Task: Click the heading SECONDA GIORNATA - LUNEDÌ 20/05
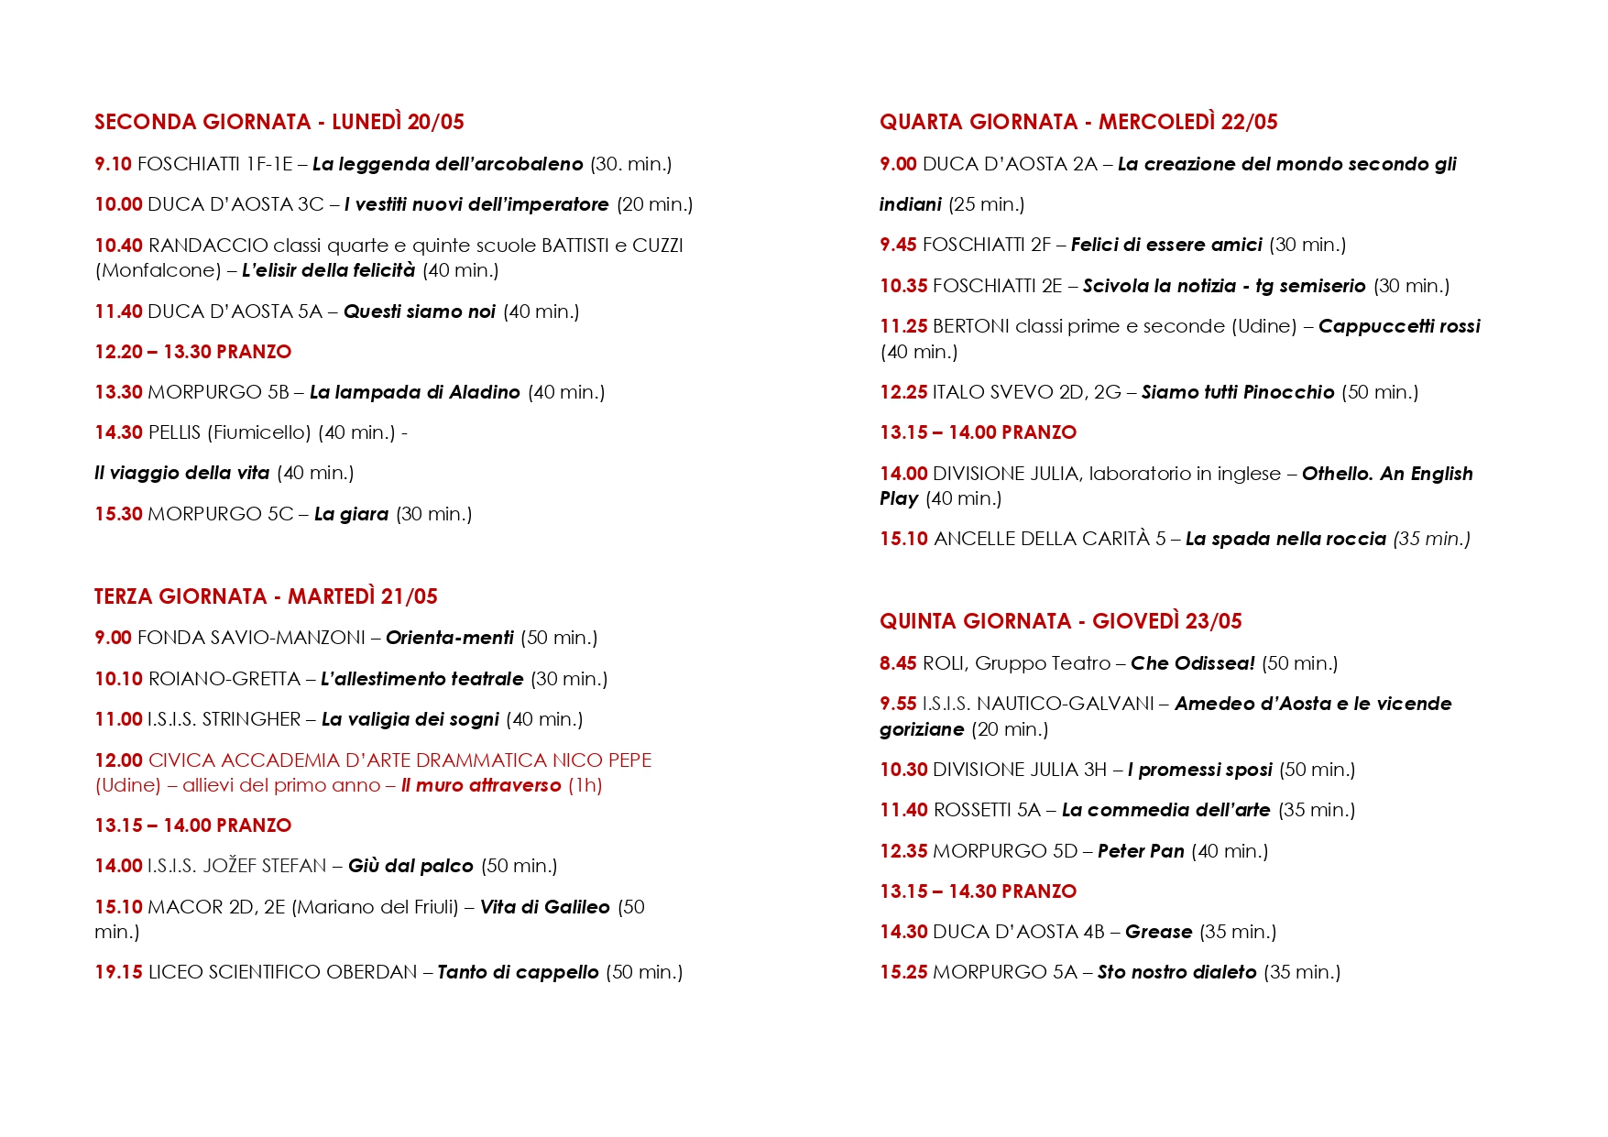click(x=279, y=122)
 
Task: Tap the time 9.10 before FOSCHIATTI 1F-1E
click(x=113, y=164)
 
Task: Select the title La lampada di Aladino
click(x=414, y=392)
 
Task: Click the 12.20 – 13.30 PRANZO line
click(x=192, y=352)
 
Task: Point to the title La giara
click(x=351, y=514)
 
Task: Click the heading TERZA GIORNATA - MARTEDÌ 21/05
click(x=266, y=596)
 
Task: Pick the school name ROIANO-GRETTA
click(x=224, y=679)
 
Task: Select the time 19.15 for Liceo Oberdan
click(x=118, y=972)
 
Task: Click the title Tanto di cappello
click(x=518, y=972)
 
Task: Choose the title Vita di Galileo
click(x=544, y=907)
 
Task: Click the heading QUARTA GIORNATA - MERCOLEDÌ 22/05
click(x=1078, y=122)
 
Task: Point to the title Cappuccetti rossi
click(x=1398, y=326)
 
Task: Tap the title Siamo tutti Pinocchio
click(x=1237, y=392)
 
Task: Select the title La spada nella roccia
click(x=1285, y=539)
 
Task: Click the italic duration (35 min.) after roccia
click(x=1431, y=539)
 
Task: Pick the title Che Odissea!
click(x=1192, y=663)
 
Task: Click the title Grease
click(x=1158, y=932)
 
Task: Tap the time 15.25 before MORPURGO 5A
click(x=903, y=972)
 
